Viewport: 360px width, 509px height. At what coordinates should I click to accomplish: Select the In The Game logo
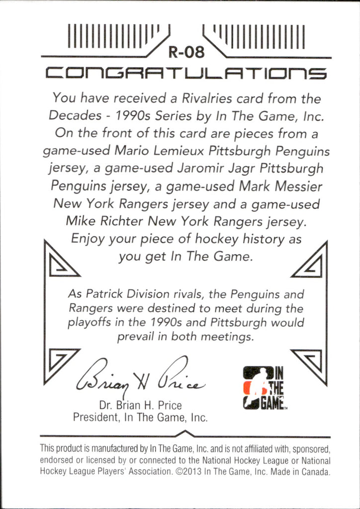tap(263, 387)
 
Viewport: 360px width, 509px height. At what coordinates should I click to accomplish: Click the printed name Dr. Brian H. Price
tap(140, 405)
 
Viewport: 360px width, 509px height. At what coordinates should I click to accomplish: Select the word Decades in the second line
tap(72, 116)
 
